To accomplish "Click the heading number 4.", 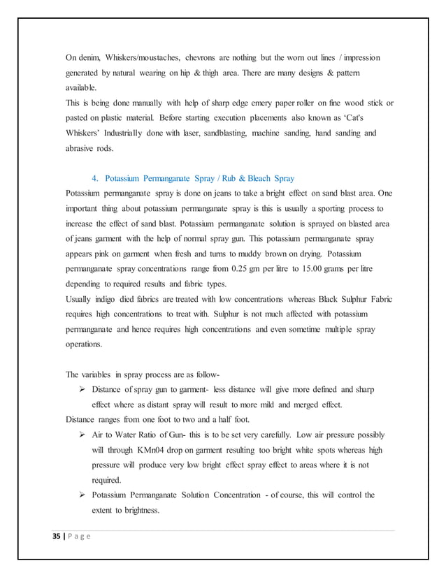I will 95,178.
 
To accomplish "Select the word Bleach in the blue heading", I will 256,178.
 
